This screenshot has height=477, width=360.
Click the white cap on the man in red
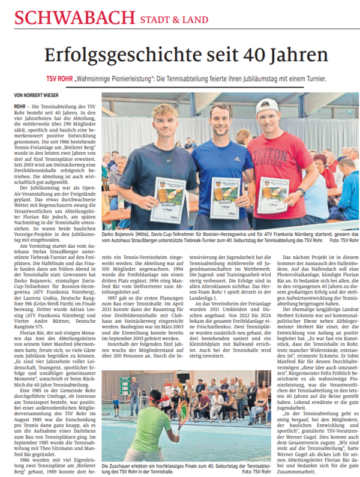(268, 107)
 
